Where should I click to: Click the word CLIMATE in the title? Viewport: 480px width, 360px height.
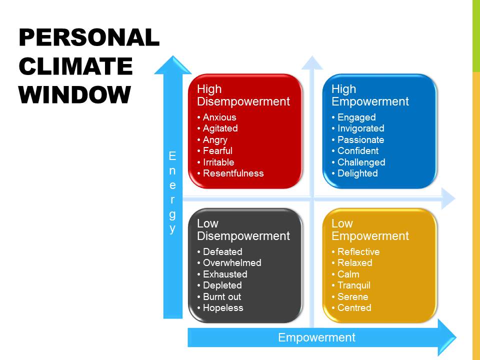[75, 66]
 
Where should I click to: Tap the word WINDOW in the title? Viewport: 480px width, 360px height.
[74, 94]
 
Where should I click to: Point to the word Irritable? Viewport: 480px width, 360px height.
[218, 162]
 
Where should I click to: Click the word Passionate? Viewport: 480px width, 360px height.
[360, 139]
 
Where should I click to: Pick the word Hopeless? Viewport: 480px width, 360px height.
[223, 307]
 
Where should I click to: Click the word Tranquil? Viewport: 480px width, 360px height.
[354, 285]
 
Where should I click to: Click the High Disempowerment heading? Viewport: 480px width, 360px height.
[243, 95]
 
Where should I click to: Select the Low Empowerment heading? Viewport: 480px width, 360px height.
[370, 229]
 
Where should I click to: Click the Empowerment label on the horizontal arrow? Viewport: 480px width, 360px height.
[316, 337]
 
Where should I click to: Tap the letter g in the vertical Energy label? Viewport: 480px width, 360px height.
[172, 214]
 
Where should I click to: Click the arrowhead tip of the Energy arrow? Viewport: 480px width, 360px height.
[173, 55]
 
